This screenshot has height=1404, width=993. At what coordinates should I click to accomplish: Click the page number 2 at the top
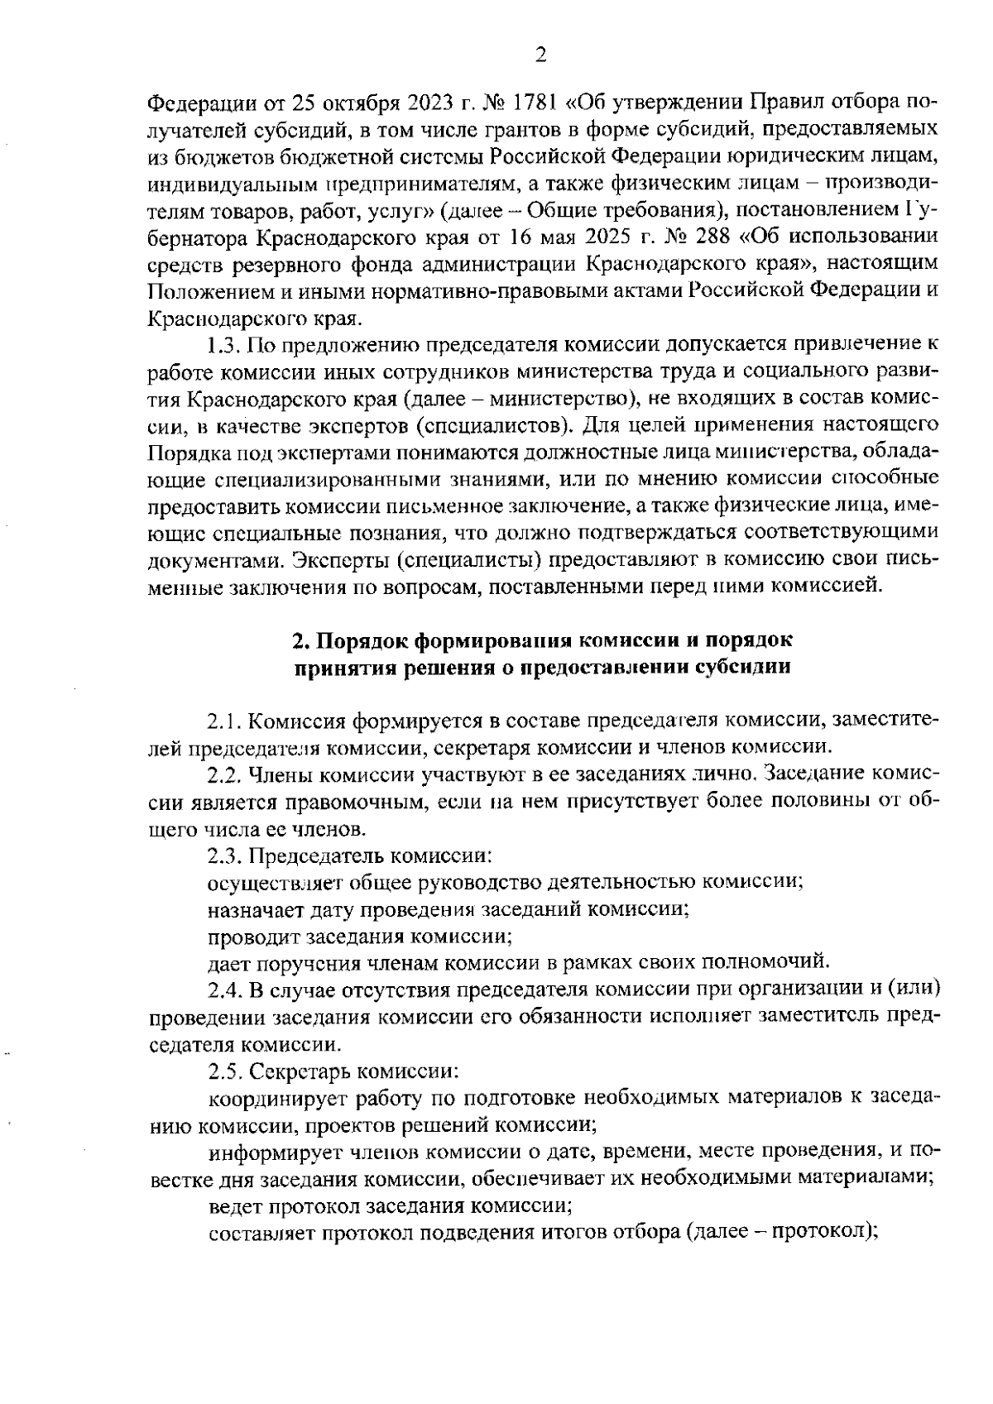540,55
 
